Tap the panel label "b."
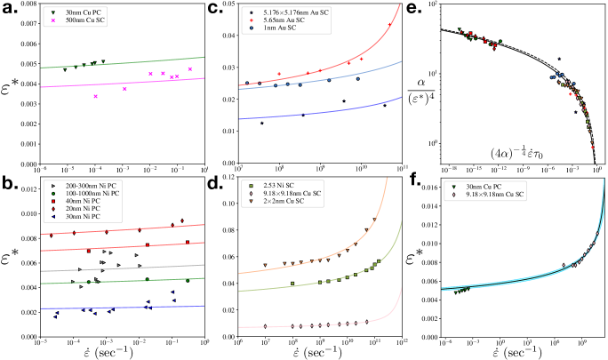tap(11, 187)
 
